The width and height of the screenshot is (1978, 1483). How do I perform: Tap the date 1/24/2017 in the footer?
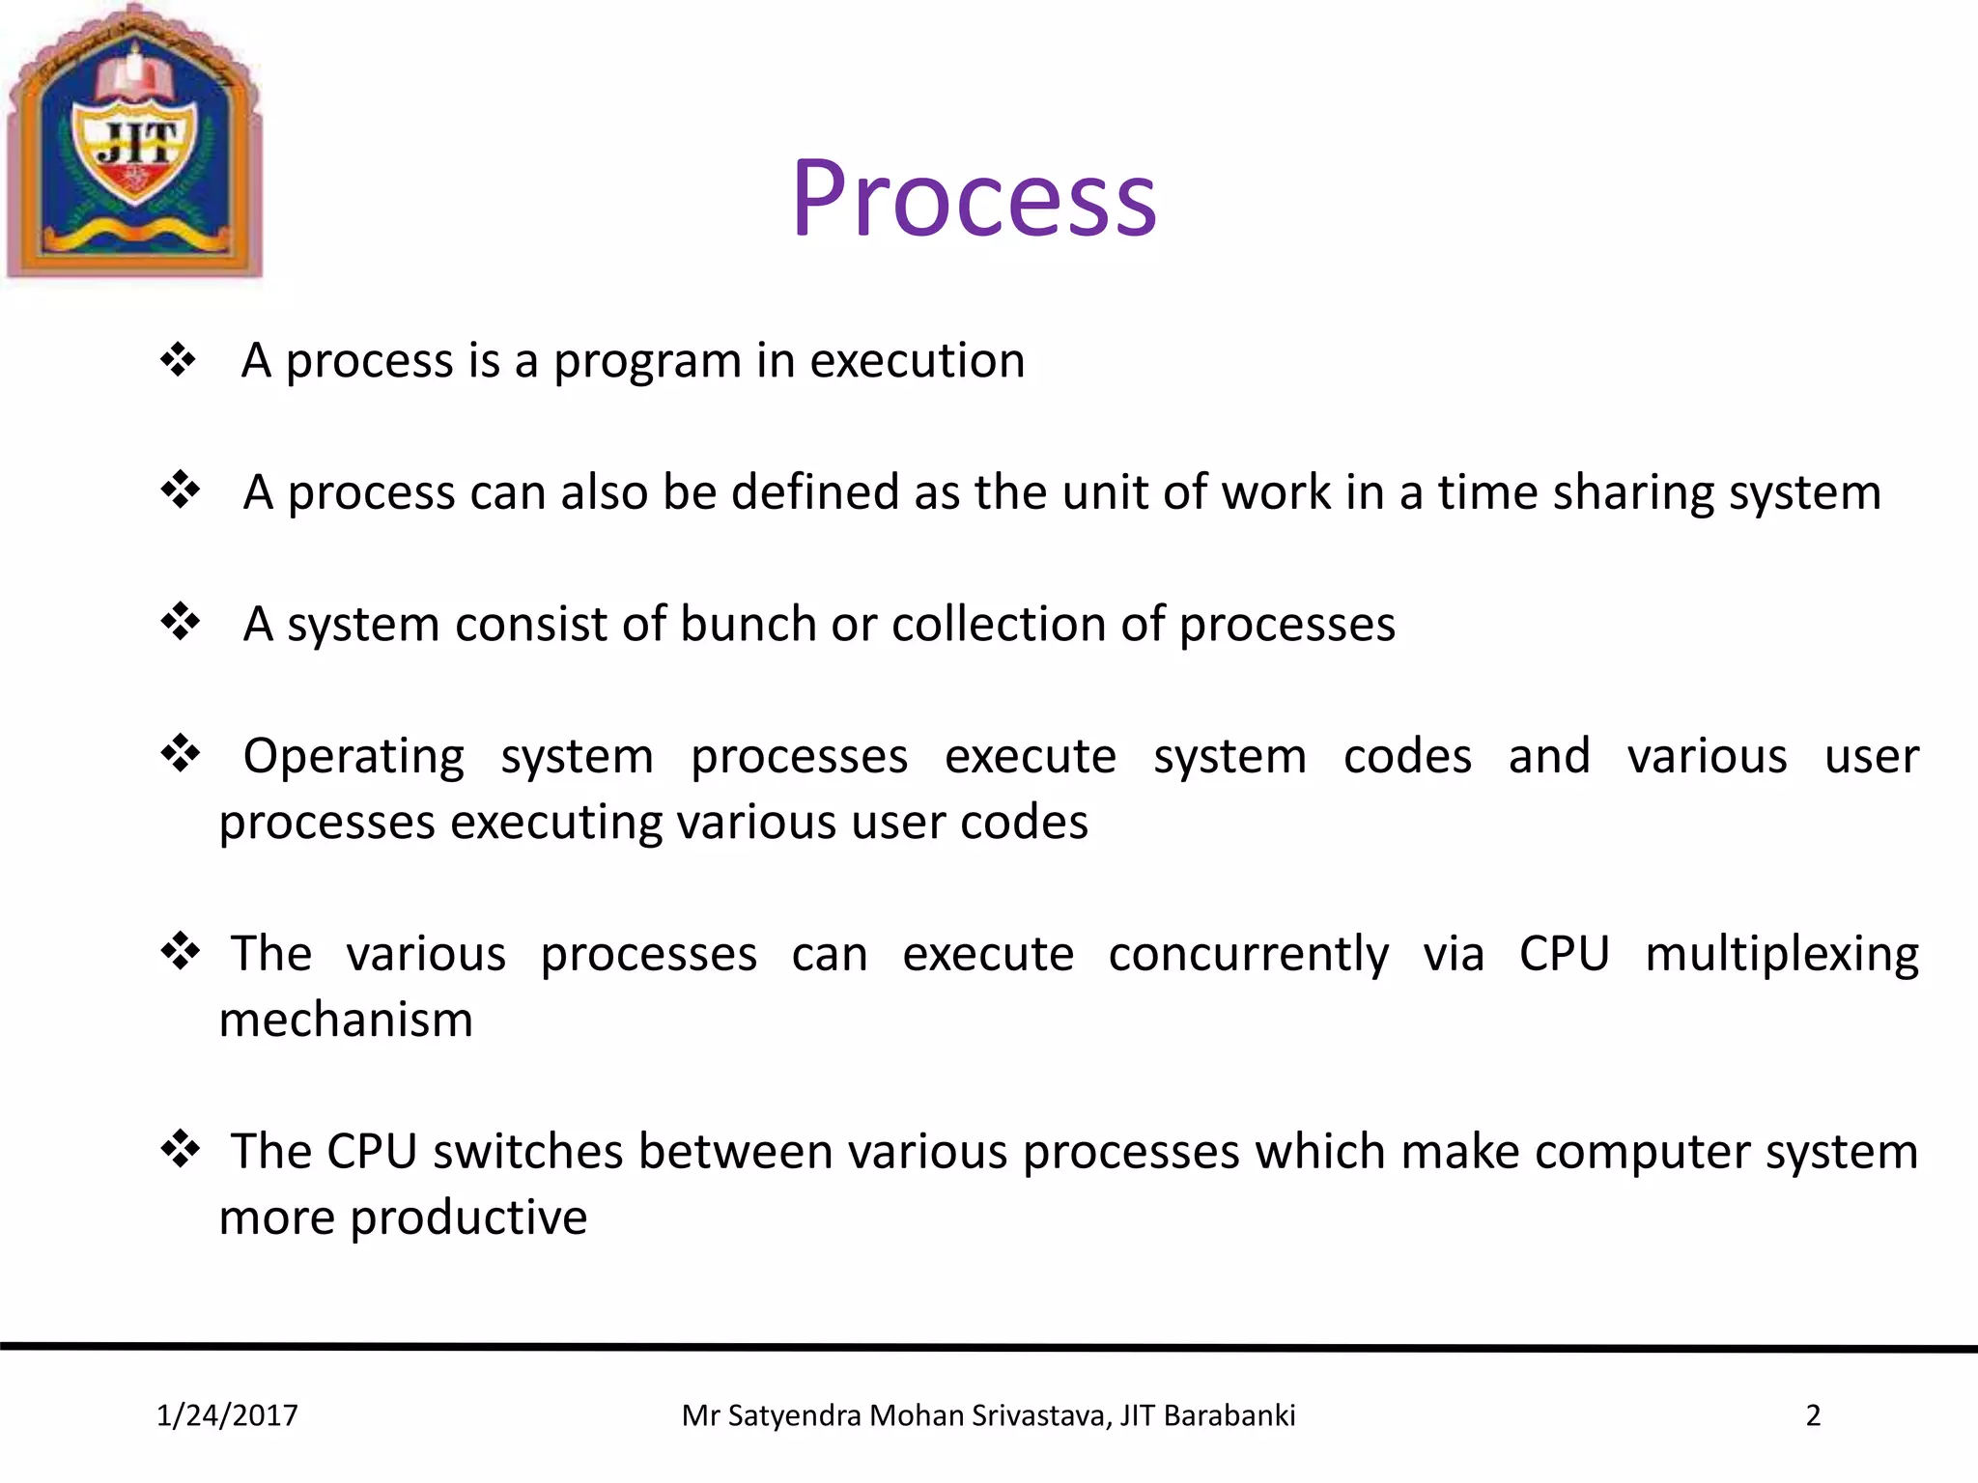pos(227,1415)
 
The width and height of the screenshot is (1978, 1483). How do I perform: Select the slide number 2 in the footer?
pos(1813,1415)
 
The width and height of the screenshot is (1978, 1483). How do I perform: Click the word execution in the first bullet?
pos(917,360)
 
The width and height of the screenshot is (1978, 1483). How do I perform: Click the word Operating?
pos(353,756)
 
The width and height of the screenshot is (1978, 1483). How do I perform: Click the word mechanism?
pos(346,1020)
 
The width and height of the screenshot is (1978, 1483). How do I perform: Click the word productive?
pos(468,1217)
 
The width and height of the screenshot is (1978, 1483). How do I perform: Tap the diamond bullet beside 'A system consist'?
pos(180,621)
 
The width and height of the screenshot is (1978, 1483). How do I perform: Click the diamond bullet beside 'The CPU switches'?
pos(180,1149)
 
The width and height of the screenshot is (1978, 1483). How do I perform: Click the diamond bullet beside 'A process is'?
pos(179,360)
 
